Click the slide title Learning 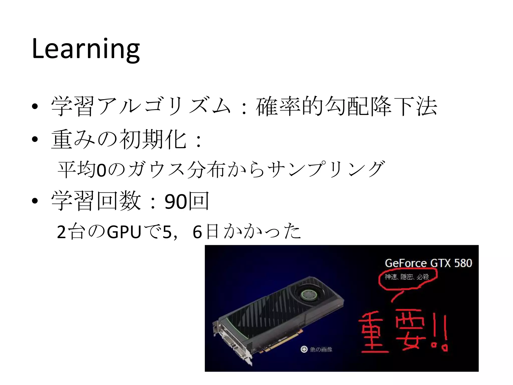[x=86, y=49]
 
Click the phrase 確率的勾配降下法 [x=346, y=107]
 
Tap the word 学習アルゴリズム [x=141, y=107]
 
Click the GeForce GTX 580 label [x=428, y=263]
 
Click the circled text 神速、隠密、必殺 [x=407, y=277]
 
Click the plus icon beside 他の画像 [x=304, y=349]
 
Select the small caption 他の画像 [x=321, y=349]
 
